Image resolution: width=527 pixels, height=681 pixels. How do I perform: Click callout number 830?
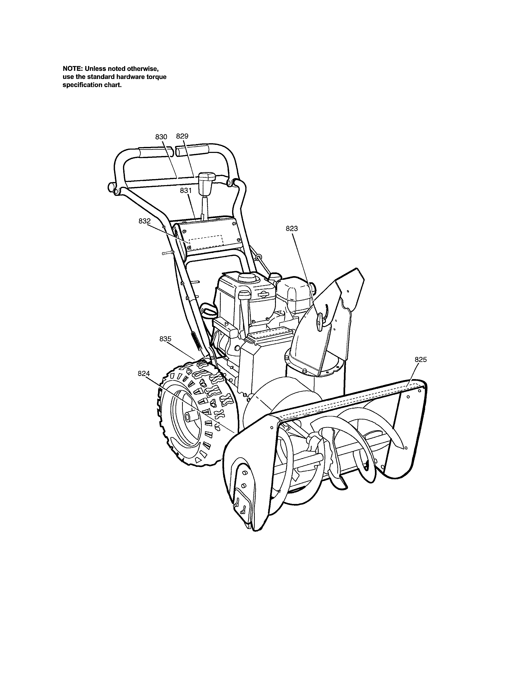pyautogui.click(x=161, y=137)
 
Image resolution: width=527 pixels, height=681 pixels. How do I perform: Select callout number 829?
pyautogui.click(x=182, y=136)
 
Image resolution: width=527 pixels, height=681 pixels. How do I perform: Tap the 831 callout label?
pyautogui.click(x=186, y=190)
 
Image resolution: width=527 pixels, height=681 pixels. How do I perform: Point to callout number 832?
pyautogui.click(x=144, y=221)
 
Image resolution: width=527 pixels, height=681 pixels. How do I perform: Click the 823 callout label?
pyautogui.click(x=292, y=229)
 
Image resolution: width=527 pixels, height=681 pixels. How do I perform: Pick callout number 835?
pyautogui.click(x=166, y=339)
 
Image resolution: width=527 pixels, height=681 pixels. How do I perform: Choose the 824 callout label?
pyautogui.click(x=144, y=374)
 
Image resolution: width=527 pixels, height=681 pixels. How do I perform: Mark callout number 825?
pyautogui.click(x=421, y=359)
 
